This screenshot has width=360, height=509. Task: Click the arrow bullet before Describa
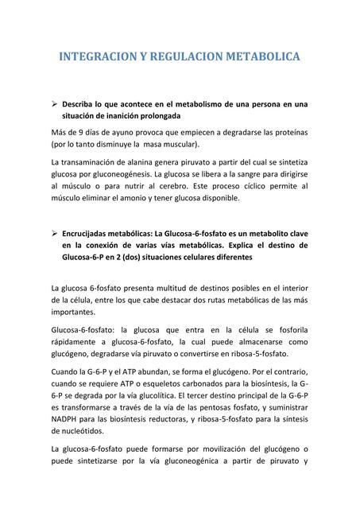coord(54,103)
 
